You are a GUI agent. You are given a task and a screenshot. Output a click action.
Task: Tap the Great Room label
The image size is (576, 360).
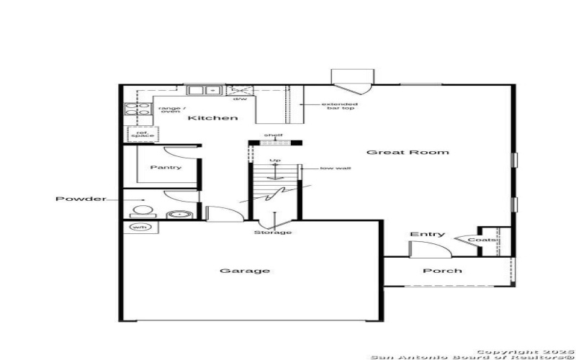coord(408,153)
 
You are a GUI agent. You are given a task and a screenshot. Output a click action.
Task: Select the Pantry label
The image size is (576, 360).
coord(166,168)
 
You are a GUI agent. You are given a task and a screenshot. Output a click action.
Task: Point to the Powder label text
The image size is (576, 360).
coord(81,199)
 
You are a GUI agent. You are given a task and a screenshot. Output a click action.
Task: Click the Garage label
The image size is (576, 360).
coord(235,271)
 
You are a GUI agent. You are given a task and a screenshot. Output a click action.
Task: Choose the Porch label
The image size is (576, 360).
coord(442,271)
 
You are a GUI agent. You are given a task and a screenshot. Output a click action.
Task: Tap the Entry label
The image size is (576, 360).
coord(427,235)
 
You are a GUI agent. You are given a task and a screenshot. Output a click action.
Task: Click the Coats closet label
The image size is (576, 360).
coord(482,240)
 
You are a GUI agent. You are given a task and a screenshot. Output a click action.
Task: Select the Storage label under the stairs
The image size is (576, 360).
coord(273,233)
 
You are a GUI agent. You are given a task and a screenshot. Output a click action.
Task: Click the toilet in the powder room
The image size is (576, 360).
coord(143,212)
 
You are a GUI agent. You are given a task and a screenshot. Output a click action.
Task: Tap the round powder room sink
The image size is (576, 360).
coord(176,214)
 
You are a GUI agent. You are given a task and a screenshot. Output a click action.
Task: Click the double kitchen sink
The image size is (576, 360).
coord(204,91)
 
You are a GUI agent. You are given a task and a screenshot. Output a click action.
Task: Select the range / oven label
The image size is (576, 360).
coord(169,109)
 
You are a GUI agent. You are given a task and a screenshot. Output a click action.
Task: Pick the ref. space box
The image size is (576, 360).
coord(137,134)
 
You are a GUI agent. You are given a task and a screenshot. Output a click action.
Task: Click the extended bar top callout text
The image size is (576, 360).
coord(339,107)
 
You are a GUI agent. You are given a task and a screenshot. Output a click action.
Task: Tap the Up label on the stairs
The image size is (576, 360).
coord(274,161)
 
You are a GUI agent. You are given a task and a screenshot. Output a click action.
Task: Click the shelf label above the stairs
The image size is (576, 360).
coord(273,135)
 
